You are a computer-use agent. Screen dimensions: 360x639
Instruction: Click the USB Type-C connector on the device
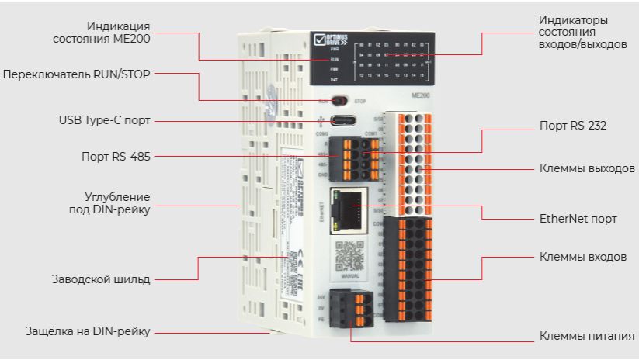click(342, 121)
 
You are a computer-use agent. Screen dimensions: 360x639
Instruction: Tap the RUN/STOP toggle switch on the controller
click(339, 100)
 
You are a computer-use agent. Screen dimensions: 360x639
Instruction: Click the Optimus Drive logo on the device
click(328, 40)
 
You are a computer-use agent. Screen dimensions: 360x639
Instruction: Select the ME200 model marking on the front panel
click(420, 94)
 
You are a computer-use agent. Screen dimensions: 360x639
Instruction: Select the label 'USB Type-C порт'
click(104, 120)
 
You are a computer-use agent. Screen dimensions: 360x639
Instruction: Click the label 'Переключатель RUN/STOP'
click(76, 74)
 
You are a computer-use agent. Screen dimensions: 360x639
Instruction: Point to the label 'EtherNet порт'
click(578, 219)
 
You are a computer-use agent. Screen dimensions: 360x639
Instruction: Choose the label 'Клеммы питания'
click(586, 337)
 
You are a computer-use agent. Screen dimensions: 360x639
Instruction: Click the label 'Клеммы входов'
click(582, 256)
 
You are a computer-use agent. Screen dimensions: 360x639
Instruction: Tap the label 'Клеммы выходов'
click(587, 168)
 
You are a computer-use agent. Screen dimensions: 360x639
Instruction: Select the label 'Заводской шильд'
click(101, 279)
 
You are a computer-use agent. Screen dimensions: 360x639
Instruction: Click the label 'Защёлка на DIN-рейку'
click(87, 332)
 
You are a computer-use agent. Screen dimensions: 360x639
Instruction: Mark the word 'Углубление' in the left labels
click(117, 196)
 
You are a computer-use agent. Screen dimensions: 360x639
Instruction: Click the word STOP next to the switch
click(359, 101)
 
